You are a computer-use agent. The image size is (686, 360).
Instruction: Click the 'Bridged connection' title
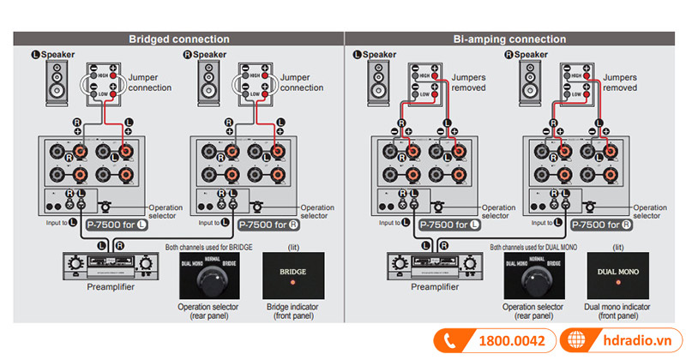coord(178,39)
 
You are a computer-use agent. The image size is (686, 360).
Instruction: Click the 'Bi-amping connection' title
coord(509,39)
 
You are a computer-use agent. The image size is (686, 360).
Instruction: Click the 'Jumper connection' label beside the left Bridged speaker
coord(150,82)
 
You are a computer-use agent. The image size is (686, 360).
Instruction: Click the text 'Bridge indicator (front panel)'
coord(288,310)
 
